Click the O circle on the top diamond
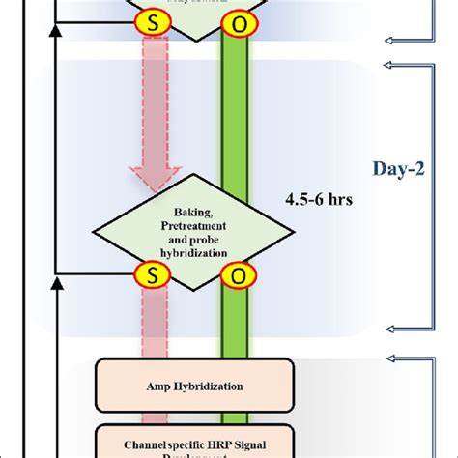click(233, 19)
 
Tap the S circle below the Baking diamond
click(152, 275)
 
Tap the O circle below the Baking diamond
click(233, 275)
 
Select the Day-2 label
click(399, 169)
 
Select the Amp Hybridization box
click(192, 384)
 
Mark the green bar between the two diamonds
click(233, 126)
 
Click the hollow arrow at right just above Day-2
click(392, 64)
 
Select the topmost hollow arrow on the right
click(392, 38)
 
